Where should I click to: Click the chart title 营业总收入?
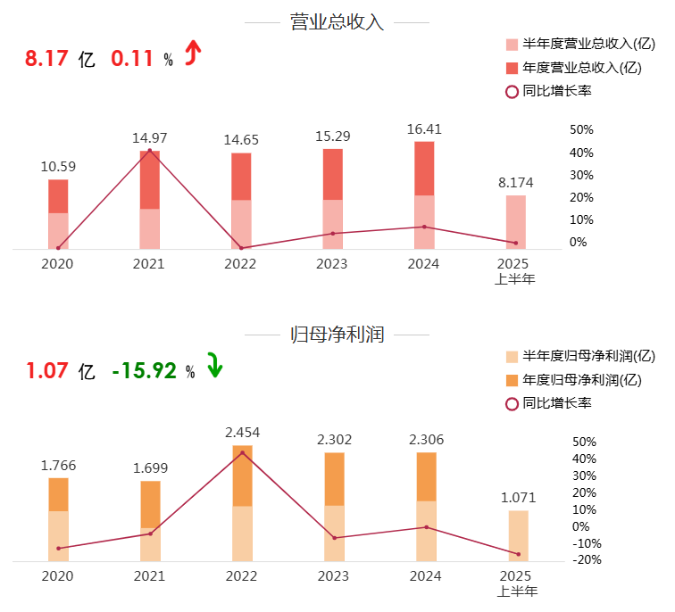coord(337,22)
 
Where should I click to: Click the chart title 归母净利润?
coord(337,335)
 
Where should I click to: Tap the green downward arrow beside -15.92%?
coord(214,366)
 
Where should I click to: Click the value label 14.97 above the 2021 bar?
coord(149,138)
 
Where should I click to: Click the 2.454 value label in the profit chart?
coord(242,433)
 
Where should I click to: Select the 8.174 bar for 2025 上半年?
coord(516,222)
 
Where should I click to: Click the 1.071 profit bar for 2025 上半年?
coord(518,535)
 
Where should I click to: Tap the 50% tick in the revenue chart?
coord(581,130)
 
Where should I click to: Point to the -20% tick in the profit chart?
coord(581,560)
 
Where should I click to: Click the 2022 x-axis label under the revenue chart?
coord(240,264)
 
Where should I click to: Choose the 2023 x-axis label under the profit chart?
coord(333,576)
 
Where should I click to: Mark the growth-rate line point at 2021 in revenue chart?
coord(149,150)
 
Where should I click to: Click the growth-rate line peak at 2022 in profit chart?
coord(242,452)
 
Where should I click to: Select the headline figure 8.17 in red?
coord(46,59)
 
